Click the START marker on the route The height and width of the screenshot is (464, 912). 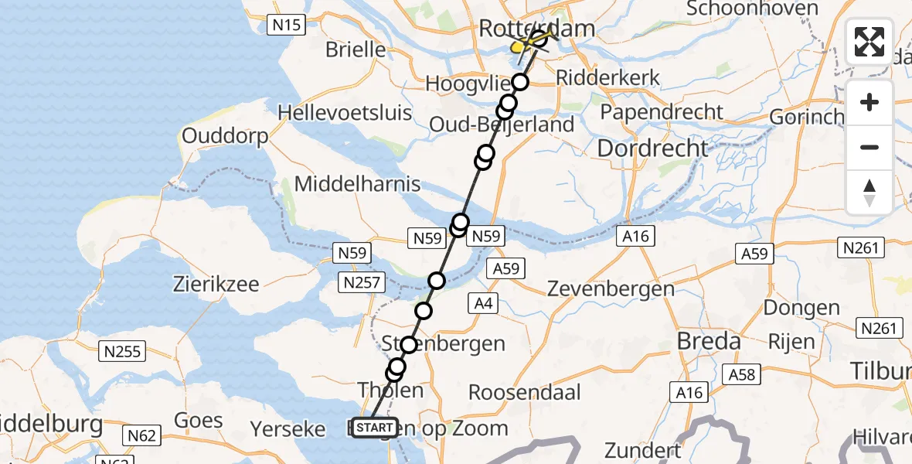pyautogui.click(x=375, y=428)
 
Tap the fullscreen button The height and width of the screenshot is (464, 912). pyautogui.click(x=869, y=42)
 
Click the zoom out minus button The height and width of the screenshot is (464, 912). pyautogui.click(x=869, y=147)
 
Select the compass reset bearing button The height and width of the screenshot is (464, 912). pyautogui.click(x=869, y=192)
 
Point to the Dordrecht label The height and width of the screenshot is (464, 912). pyautogui.click(x=653, y=148)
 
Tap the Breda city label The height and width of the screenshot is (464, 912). pyautogui.click(x=709, y=341)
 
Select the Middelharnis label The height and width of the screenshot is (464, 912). pyautogui.click(x=357, y=184)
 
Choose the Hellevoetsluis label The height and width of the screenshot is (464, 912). pyautogui.click(x=345, y=112)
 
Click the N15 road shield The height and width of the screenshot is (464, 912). pyautogui.click(x=286, y=26)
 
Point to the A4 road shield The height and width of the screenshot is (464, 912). pyautogui.click(x=484, y=304)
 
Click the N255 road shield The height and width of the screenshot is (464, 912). pyautogui.click(x=123, y=352)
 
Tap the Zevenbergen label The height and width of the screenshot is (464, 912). pyautogui.click(x=611, y=289)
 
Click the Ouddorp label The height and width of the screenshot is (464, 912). pyautogui.click(x=225, y=137)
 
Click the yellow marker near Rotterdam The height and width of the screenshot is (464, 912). pyautogui.click(x=518, y=48)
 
